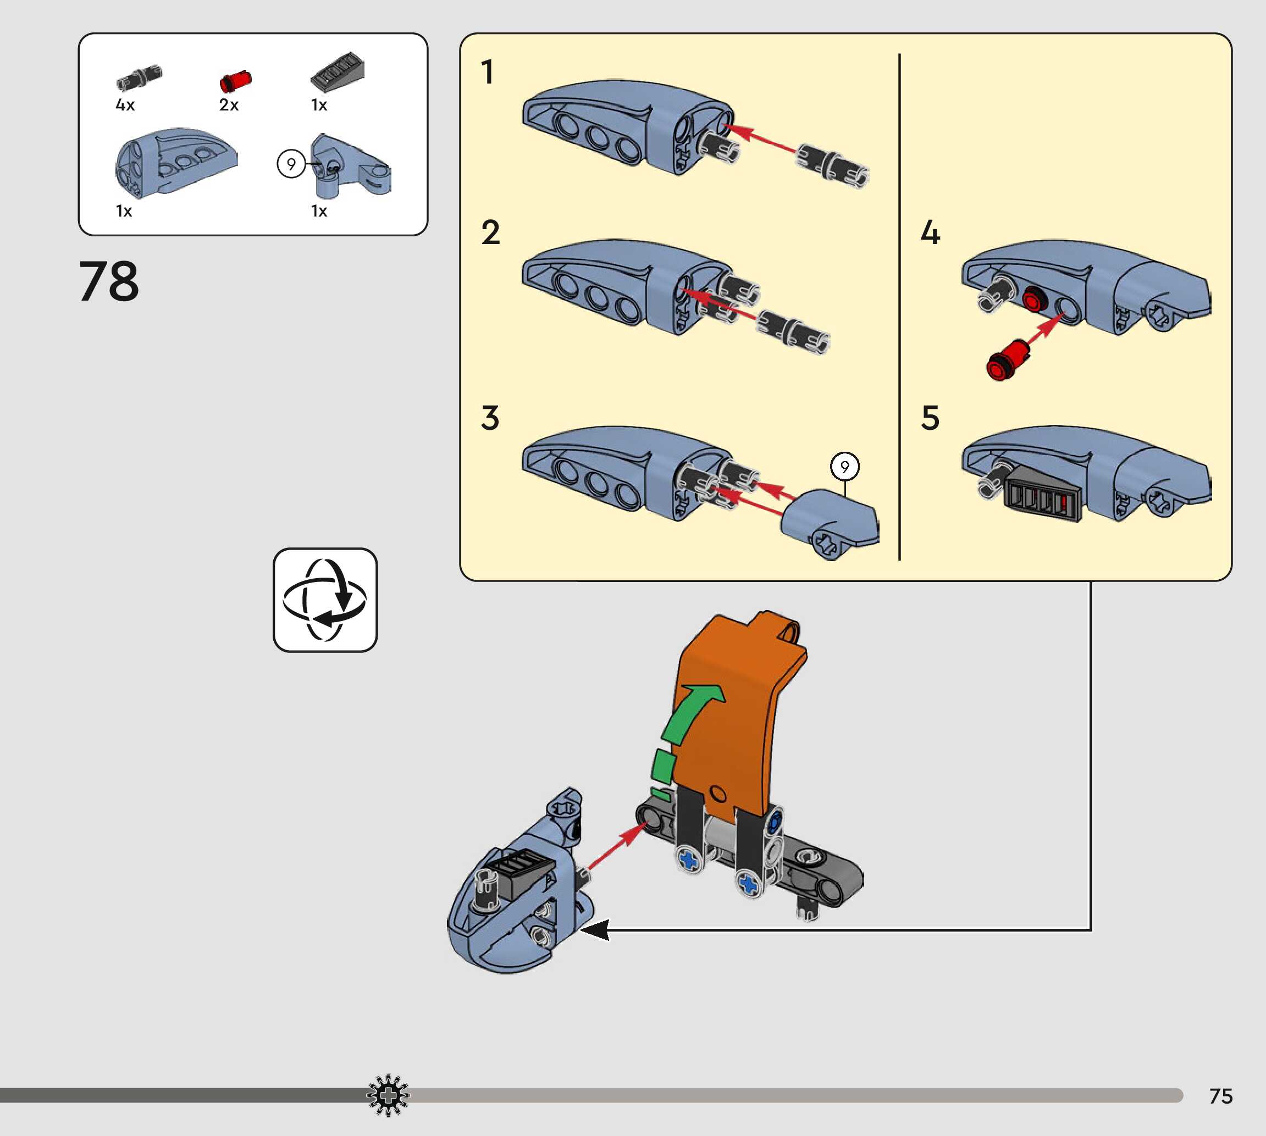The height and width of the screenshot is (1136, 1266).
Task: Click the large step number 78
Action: (x=109, y=281)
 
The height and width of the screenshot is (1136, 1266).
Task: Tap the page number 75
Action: (x=1220, y=1096)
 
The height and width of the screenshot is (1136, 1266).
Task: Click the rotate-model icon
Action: (x=325, y=600)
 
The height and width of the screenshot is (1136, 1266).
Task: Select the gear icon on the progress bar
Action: (x=388, y=1095)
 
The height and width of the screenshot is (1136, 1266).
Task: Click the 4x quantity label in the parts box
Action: (x=125, y=105)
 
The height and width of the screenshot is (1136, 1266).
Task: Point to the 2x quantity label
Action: (x=229, y=105)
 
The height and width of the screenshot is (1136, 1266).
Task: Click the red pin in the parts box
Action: (x=235, y=82)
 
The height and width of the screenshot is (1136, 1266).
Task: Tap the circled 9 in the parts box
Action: (x=291, y=164)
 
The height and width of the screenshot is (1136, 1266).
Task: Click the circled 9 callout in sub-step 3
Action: (x=844, y=466)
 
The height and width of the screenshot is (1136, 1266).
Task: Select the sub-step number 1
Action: (x=488, y=72)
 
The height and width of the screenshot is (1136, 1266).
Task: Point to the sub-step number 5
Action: (x=930, y=418)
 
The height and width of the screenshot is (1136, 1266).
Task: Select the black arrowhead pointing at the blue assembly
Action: (x=595, y=930)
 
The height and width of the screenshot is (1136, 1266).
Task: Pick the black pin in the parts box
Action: (x=139, y=78)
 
